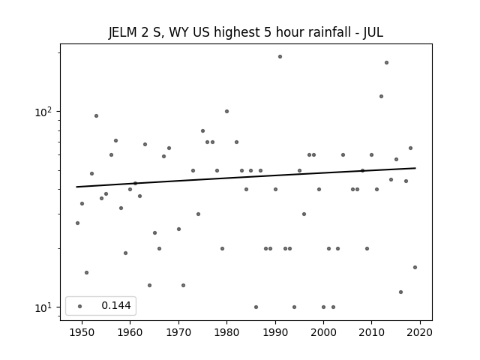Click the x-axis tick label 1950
tap(82, 332)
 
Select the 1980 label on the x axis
tap(226, 332)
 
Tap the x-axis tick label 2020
tap(420, 332)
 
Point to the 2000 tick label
tap(323, 332)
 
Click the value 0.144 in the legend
tap(116, 305)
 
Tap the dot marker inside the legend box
tap(80, 306)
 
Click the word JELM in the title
tap(122, 32)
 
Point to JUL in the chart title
tap(373, 32)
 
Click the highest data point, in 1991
tap(280, 57)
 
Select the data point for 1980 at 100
tap(226, 112)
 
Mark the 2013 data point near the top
tap(386, 63)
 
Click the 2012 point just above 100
tap(382, 97)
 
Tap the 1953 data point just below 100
tap(97, 116)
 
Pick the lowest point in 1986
tap(256, 307)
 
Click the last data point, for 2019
tap(415, 267)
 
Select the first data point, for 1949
tap(77, 223)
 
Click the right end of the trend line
tap(415, 168)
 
